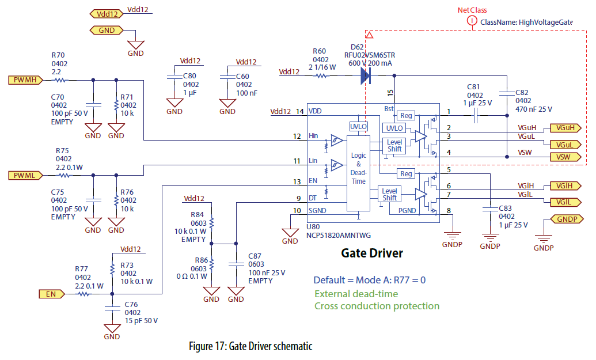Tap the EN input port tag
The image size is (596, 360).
click(50, 294)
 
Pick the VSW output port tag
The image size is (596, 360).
click(564, 157)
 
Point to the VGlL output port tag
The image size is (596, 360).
click(565, 202)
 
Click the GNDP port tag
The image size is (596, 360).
click(568, 219)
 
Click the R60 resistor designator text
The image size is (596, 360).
click(320, 51)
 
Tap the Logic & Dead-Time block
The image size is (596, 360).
click(358, 168)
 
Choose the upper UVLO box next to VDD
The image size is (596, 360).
click(358, 126)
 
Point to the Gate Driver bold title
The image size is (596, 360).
click(372, 253)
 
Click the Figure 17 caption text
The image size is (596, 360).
click(250, 346)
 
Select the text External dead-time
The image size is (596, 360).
click(356, 293)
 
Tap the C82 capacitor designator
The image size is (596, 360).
click(522, 92)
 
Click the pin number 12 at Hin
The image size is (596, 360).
click(297, 137)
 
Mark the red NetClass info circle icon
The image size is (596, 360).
click(472, 21)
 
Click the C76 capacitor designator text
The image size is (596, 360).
click(132, 305)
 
